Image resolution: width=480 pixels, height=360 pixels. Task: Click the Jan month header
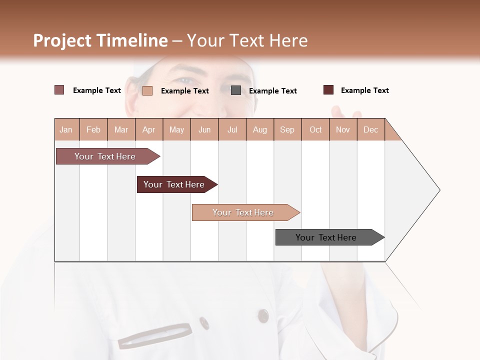[x=66, y=129]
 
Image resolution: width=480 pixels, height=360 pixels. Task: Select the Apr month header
[x=148, y=129]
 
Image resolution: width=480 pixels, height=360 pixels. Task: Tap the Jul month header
[x=232, y=129]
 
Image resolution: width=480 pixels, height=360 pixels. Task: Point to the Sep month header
[x=287, y=129]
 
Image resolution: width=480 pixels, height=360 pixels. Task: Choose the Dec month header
[x=370, y=129]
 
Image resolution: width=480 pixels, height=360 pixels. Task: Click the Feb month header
[x=93, y=129]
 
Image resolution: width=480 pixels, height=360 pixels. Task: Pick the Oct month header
[x=315, y=129]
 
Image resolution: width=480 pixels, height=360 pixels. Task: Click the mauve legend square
[x=59, y=90]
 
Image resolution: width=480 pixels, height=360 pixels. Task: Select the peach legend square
[x=147, y=90]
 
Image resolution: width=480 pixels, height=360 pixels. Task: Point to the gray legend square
[x=236, y=90]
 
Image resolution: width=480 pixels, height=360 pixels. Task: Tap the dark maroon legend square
[x=328, y=90]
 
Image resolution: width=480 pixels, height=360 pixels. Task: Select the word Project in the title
[x=62, y=40]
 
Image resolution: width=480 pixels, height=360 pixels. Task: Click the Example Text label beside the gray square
[x=272, y=91]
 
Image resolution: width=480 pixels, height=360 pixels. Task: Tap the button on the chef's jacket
[x=263, y=315]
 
